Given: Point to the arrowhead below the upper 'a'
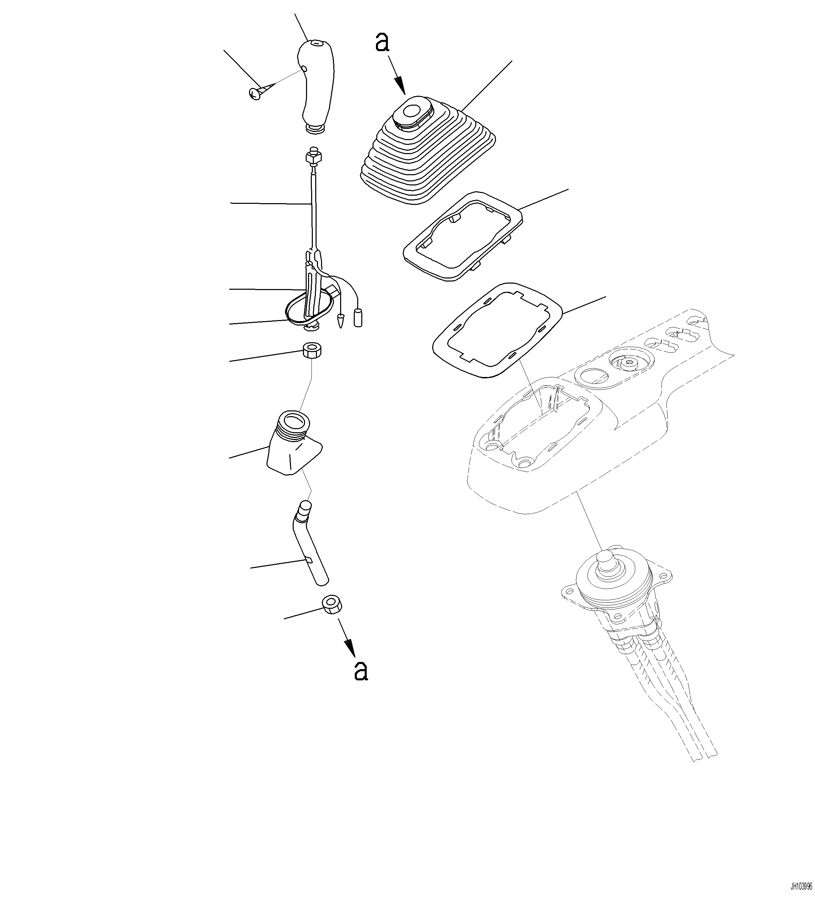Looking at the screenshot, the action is click(400, 86).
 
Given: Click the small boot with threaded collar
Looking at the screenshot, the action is click(294, 442).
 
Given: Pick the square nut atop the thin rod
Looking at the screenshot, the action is click(312, 157).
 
